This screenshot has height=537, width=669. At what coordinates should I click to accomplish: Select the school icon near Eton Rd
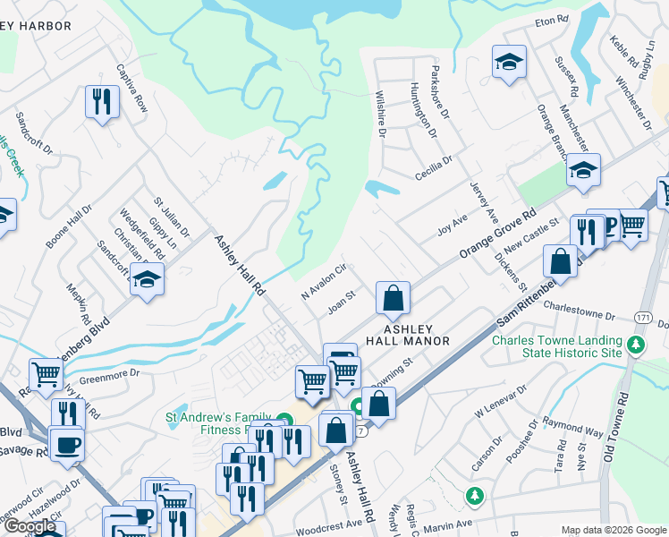click(x=509, y=62)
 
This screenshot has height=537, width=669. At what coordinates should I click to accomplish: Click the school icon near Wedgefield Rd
click(x=147, y=279)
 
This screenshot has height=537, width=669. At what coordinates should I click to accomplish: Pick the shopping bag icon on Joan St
click(x=393, y=298)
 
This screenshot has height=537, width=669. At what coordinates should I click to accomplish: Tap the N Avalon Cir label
click(x=323, y=282)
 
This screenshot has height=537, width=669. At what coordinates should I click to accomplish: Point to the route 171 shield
click(x=643, y=318)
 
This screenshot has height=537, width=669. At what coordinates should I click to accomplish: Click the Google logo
click(x=30, y=526)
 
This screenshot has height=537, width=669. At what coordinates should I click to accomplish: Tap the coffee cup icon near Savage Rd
click(x=67, y=443)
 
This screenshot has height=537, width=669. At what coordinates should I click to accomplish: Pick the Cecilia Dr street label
click(x=434, y=166)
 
